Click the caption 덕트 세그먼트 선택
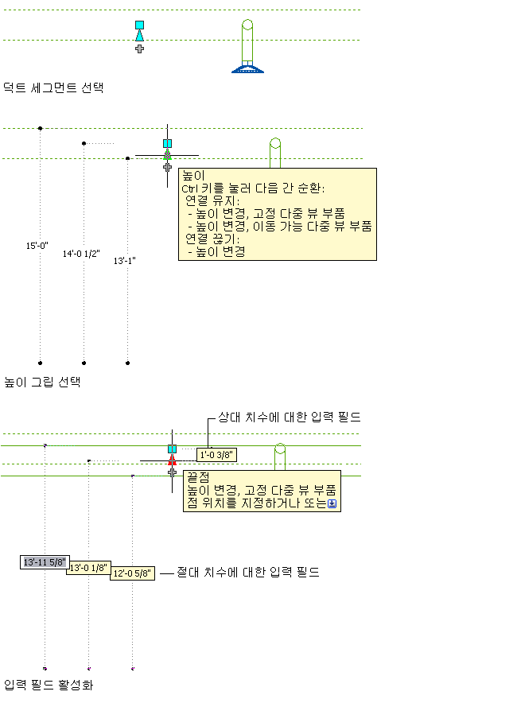click(x=53, y=87)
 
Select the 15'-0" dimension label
click(x=37, y=246)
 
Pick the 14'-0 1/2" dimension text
click(x=81, y=254)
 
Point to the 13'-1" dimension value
click(x=125, y=261)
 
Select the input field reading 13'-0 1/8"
click(x=88, y=568)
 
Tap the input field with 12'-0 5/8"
click(x=132, y=574)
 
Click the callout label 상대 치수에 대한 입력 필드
click(x=290, y=417)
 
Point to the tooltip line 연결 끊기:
click(x=212, y=239)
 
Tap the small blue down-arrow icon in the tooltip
click(x=332, y=503)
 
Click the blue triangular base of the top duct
click(x=247, y=68)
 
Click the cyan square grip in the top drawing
click(x=139, y=25)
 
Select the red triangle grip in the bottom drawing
click(x=171, y=460)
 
